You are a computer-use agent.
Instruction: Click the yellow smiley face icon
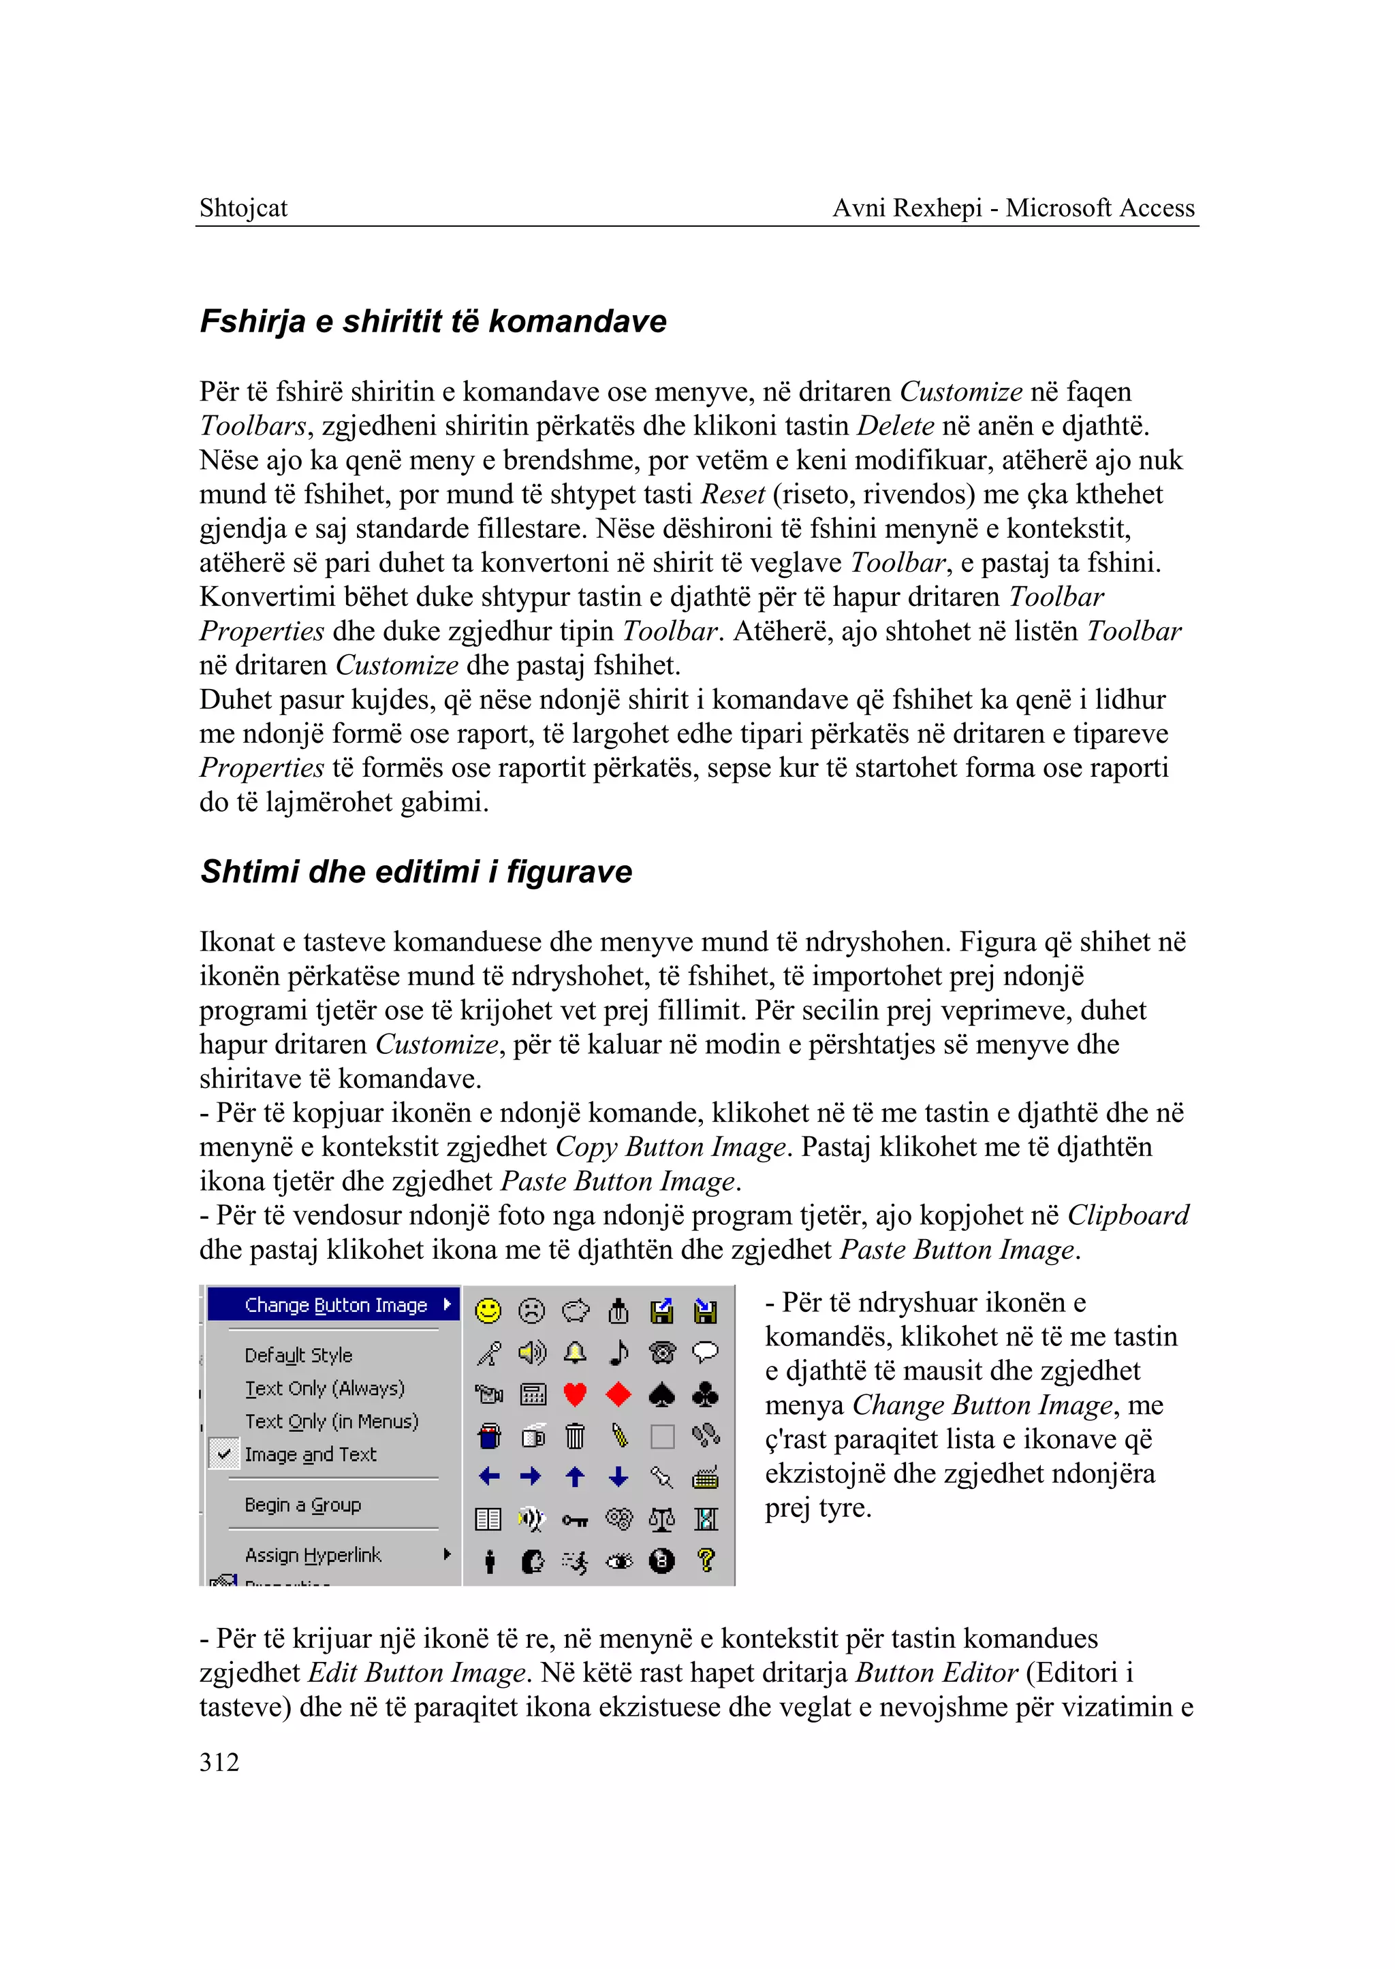[488, 1311]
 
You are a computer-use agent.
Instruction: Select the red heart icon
[575, 1394]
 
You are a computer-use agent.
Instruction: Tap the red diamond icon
[618, 1394]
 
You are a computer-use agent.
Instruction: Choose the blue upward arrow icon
[575, 1477]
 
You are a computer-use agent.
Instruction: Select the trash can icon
[575, 1436]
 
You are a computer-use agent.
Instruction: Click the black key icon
[575, 1520]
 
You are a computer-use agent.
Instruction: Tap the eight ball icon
[661, 1560]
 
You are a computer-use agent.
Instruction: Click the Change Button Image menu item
[336, 1305]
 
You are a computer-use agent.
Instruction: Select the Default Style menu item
[298, 1355]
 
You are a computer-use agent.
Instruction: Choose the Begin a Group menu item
[302, 1505]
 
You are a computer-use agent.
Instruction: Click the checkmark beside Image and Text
[224, 1454]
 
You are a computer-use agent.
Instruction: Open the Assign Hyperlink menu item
[313, 1554]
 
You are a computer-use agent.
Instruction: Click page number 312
[219, 1762]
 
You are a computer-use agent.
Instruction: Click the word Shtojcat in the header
[243, 208]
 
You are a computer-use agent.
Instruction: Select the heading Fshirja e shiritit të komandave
[433, 321]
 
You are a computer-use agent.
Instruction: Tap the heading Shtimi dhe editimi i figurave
[416, 871]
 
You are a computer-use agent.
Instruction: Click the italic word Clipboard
[1128, 1215]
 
